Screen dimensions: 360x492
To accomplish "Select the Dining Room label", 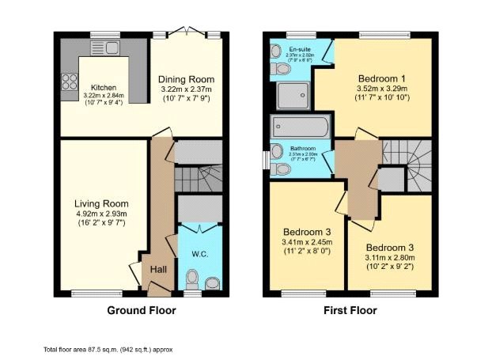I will tap(186, 80).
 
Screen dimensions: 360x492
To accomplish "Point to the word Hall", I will tap(158, 270).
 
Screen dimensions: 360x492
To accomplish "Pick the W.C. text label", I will tap(199, 255).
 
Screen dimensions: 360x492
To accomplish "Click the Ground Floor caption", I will tap(142, 311).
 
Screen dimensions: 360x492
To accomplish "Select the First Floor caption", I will tap(350, 311).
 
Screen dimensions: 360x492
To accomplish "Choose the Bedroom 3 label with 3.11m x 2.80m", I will tap(390, 247).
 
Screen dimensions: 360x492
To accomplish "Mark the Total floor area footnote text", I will tap(108, 349).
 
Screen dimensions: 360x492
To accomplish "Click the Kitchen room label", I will tap(104, 87).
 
